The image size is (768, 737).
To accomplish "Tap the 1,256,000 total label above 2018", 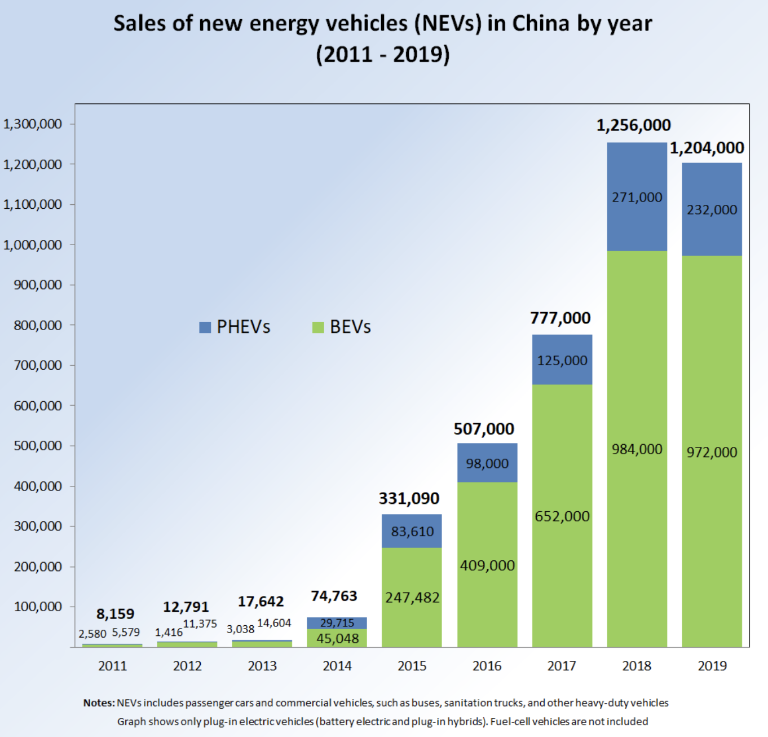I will (633, 125).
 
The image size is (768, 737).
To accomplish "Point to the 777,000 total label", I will (560, 318).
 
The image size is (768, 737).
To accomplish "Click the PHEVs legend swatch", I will (205, 327).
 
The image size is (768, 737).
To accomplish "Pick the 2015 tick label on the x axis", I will (412, 666).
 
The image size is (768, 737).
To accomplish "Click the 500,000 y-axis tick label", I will (38, 446).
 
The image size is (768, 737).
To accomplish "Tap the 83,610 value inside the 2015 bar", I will (412, 532).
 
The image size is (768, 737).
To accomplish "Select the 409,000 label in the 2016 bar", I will (487, 565).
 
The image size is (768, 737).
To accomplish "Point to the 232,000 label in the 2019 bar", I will (712, 210).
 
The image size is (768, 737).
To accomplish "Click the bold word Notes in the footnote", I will (99, 703).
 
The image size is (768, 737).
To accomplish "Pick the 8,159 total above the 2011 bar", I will (115, 614).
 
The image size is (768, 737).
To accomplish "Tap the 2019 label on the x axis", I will (712, 666).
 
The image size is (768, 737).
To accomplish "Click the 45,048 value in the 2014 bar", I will (337, 639).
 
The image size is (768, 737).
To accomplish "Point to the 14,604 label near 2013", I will (274, 623).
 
